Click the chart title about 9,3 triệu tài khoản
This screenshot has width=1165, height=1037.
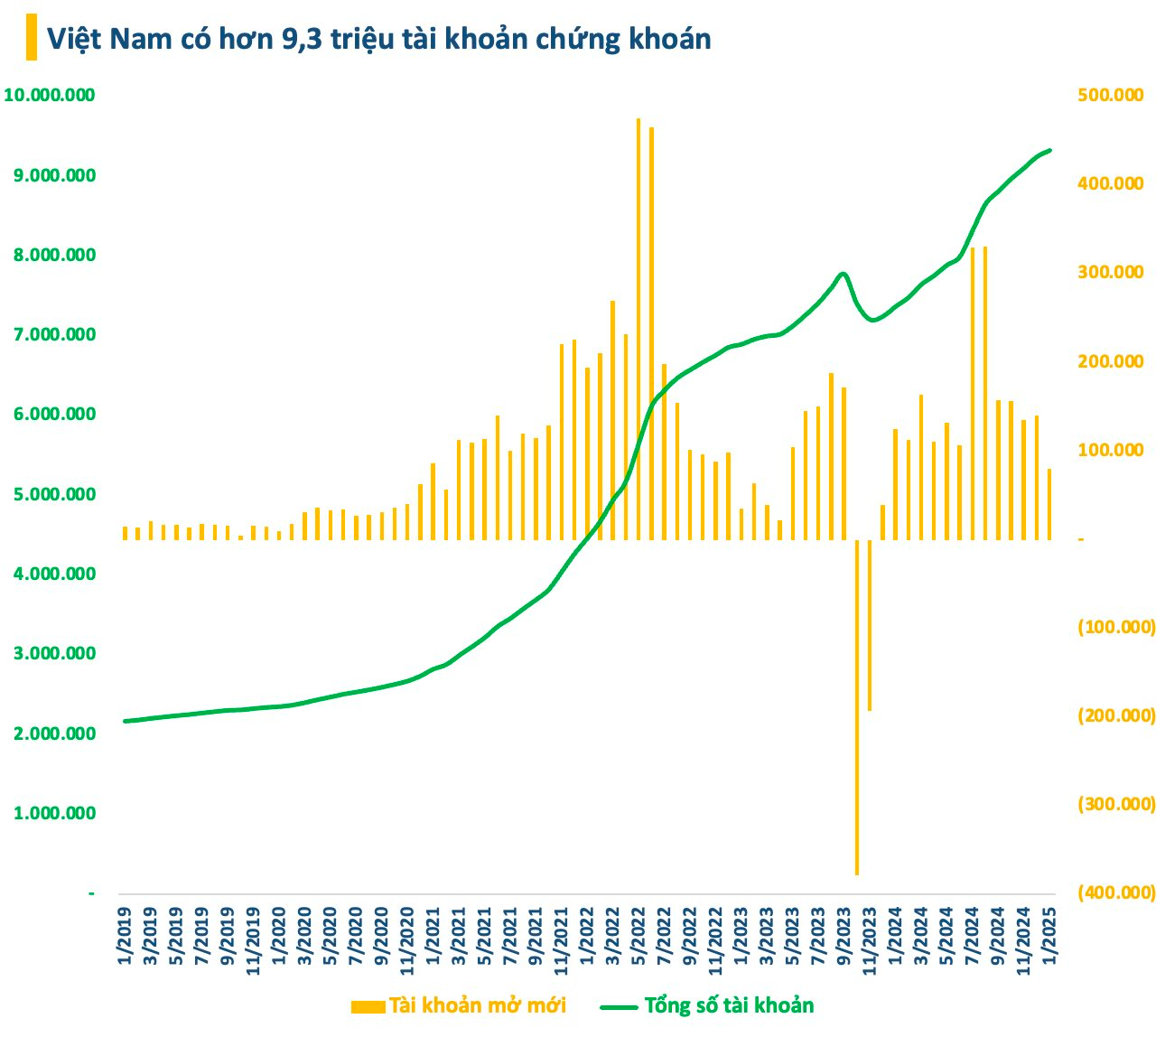(x=378, y=38)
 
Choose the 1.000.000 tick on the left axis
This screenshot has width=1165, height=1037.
(x=55, y=813)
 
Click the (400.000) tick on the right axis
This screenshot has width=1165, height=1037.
(x=1116, y=892)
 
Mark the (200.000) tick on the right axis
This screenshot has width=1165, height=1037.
(x=1116, y=715)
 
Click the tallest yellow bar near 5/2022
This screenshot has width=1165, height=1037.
(x=638, y=329)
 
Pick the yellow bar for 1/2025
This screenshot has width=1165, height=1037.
(x=1049, y=504)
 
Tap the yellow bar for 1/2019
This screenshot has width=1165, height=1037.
(x=125, y=533)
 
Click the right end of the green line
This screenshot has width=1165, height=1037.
(x=1049, y=150)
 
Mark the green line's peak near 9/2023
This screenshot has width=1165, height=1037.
(x=843, y=273)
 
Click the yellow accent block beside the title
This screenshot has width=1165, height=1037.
(x=32, y=38)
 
